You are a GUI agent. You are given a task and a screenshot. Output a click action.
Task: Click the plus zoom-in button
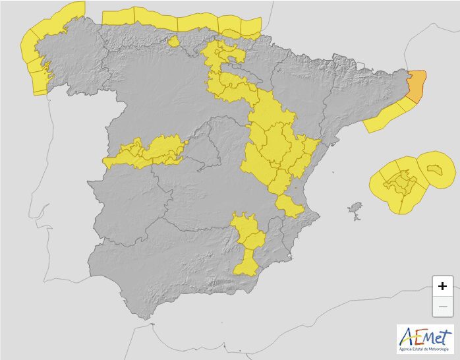(x=442, y=285)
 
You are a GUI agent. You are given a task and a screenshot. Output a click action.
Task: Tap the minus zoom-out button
(x=442, y=307)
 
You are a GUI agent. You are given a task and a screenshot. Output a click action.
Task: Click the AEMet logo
(x=425, y=338)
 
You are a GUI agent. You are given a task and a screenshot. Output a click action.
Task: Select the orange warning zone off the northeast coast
(x=417, y=86)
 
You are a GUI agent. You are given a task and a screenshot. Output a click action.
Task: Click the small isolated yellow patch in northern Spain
(x=174, y=42)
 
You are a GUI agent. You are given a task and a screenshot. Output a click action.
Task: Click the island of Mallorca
(x=398, y=181)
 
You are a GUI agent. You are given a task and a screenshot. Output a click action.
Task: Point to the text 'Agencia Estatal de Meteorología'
(x=425, y=348)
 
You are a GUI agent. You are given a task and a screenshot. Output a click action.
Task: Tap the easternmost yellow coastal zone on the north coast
(x=250, y=27)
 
